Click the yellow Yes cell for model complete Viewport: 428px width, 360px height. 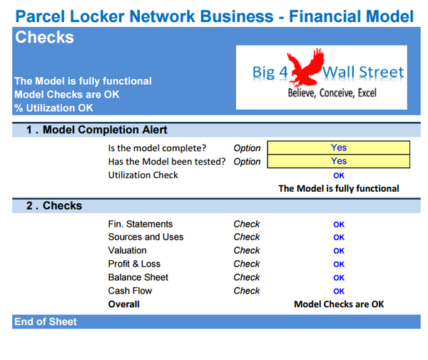pyautogui.click(x=339, y=148)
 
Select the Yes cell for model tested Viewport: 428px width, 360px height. pyautogui.click(x=339, y=161)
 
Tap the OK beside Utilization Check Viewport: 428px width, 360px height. pyautogui.click(x=339, y=175)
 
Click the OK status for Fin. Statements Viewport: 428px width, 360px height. pyautogui.click(x=339, y=225)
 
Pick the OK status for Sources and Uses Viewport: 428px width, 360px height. pyautogui.click(x=339, y=237)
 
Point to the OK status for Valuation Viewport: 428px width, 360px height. pyautogui.click(x=339, y=251)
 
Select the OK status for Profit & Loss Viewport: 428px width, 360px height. pyautogui.click(x=339, y=264)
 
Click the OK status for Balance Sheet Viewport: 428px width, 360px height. pyautogui.click(x=339, y=278)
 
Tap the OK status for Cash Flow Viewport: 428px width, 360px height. pyautogui.click(x=339, y=291)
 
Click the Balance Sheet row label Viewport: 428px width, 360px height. pyautogui.click(x=138, y=277)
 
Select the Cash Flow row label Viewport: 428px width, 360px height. pyautogui.click(x=130, y=291)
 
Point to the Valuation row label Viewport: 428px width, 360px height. pyautogui.click(x=127, y=250)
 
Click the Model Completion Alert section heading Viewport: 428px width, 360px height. pyautogui.click(x=96, y=130)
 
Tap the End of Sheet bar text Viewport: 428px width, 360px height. pyautogui.click(x=46, y=322)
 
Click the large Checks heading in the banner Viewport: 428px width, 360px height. pyautogui.click(x=44, y=38)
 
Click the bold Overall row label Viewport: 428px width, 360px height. pyautogui.click(x=123, y=304)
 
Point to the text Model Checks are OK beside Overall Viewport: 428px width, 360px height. pyautogui.click(x=339, y=304)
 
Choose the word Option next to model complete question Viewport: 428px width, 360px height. pyautogui.click(x=247, y=148)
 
